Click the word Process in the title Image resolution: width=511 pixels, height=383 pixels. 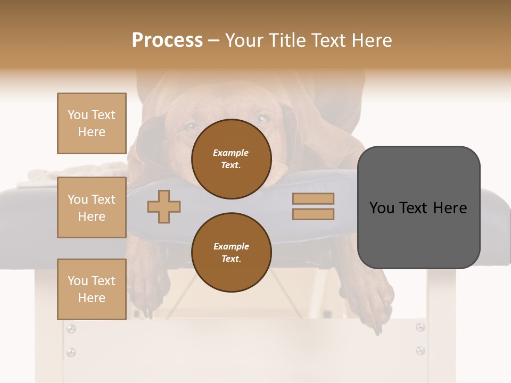tap(167, 40)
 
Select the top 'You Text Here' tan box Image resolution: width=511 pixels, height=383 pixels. tap(92, 123)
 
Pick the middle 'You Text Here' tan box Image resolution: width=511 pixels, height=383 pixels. tap(92, 207)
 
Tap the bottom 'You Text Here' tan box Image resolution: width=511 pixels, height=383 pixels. tap(92, 289)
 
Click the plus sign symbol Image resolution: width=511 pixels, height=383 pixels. tap(163, 206)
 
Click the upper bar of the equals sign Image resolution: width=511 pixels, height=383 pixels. tap(313, 198)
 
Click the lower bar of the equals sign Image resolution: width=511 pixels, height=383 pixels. tap(313, 214)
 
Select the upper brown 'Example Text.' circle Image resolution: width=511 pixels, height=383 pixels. tap(231, 159)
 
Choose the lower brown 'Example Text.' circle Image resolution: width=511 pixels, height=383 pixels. tap(231, 252)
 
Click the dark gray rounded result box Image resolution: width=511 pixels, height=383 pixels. tap(418, 207)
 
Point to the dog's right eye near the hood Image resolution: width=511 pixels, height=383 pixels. tap(262, 118)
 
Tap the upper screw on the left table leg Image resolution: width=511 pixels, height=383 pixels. tap(71, 329)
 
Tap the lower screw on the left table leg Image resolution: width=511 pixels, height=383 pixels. tap(71, 352)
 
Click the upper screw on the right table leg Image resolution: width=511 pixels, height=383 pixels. tap(420, 327)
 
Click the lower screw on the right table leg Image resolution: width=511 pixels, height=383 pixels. tap(420, 350)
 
